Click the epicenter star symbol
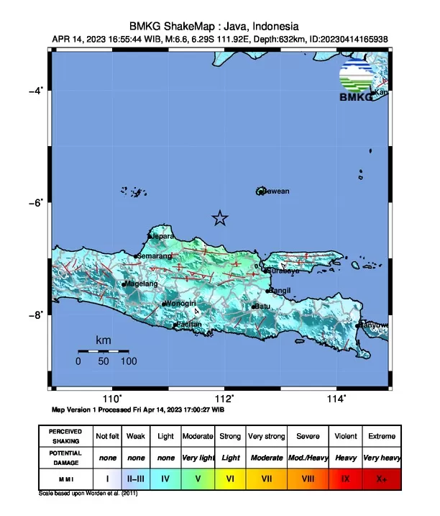click(x=220, y=218)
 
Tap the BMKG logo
click(x=357, y=82)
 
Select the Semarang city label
click(x=155, y=255)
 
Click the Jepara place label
click(x=163, y=235)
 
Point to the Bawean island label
click(x=276, y=191)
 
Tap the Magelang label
click(x=142, y=284)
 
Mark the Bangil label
click(x=280, y=290)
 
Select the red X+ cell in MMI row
click(x=380, y=477)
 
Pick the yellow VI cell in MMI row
click(x=231, y=477)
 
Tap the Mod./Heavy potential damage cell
click(x=308, y=457)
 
